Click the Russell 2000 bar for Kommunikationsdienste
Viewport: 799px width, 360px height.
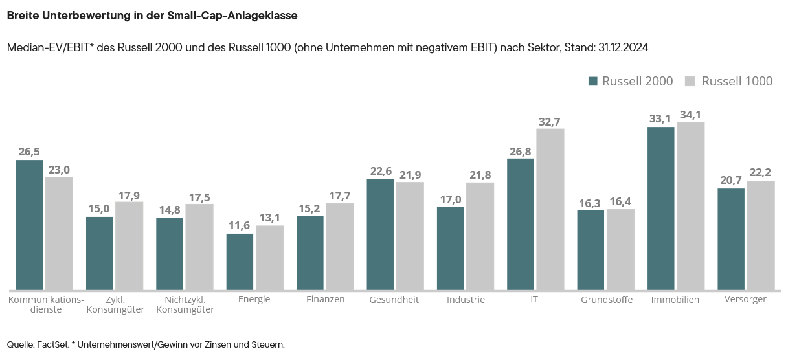[29, 225]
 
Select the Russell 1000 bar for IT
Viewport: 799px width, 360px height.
[550, 209]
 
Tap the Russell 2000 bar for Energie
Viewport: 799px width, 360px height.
[240, 262]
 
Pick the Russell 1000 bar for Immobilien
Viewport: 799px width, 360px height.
[690, 206]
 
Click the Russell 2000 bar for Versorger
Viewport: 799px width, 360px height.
[731, 239]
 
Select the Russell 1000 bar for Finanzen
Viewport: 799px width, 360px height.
[340, 246]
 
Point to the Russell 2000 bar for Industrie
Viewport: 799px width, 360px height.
[450, 248]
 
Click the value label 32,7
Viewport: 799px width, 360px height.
[550, 121]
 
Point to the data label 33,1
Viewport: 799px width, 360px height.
[660, 119]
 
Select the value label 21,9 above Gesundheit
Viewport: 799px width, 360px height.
[410, 175]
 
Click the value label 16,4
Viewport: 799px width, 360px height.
[620, 202]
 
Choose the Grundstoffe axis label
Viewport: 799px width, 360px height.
[607, 300]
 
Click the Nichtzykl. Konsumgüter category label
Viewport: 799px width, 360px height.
[185, 304]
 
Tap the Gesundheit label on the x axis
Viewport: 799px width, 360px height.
[394, 300]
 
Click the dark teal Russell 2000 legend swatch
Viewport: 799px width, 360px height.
[592, 81]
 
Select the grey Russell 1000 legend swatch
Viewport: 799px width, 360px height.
[690, 81]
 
